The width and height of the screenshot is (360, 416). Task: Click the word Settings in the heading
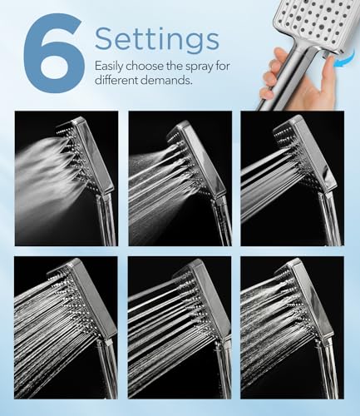coord(156,38)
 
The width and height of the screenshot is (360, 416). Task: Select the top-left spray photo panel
coord(65,178)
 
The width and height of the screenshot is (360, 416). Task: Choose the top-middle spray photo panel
coord(179,178)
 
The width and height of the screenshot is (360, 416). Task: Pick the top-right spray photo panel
coord(291,178)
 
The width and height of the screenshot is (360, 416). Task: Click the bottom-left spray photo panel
coord(65,327)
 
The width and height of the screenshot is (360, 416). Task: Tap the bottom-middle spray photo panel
coord(179,327)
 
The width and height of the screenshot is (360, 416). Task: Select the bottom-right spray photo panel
coord(291,327)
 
